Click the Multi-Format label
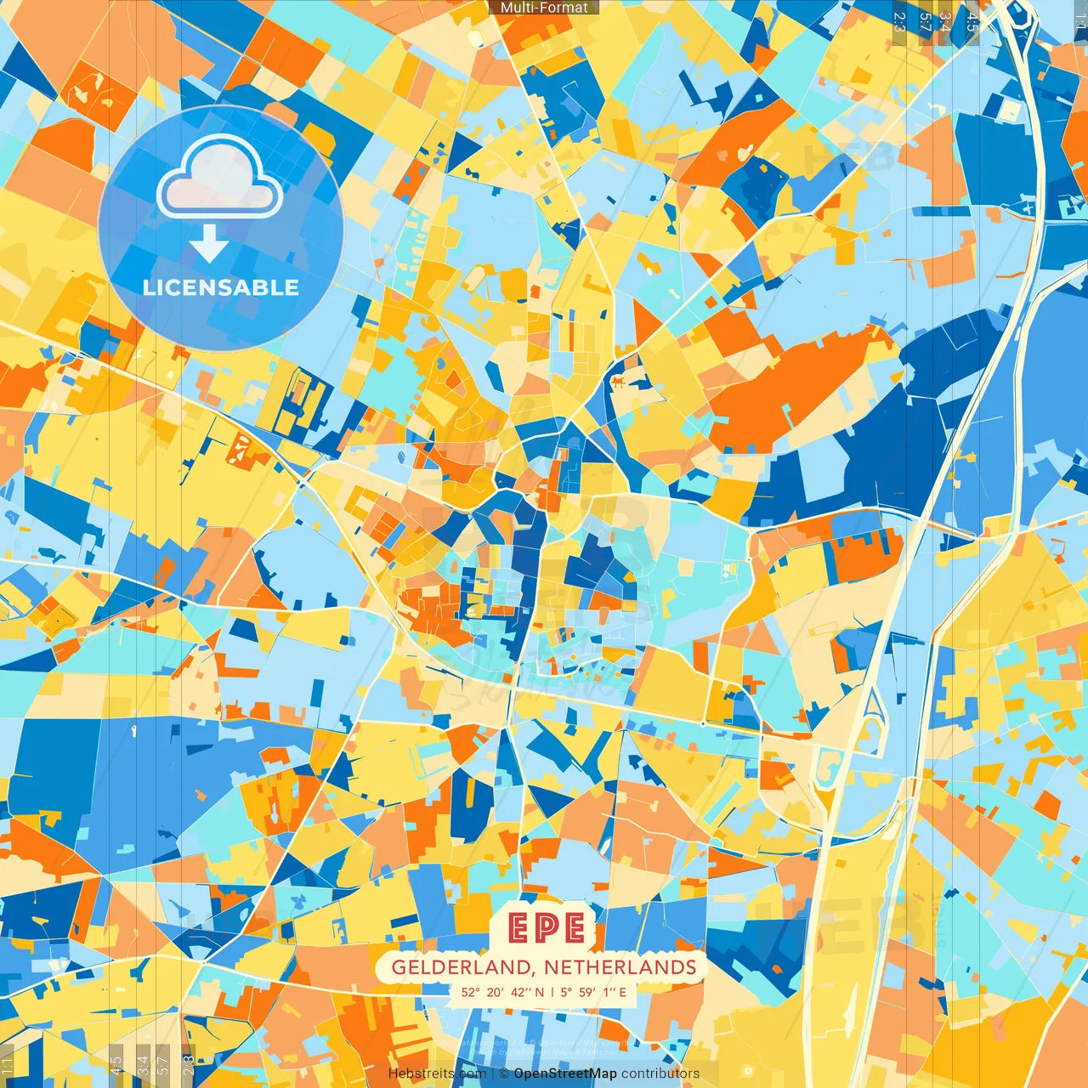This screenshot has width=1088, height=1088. coord(544,8)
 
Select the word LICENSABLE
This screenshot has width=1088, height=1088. coord(220,287)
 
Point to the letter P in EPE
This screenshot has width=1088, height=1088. coord(547,929)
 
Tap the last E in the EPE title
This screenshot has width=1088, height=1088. coord(574,929)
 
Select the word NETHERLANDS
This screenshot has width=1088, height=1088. coord(620,967)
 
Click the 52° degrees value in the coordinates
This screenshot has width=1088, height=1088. coord(471,992)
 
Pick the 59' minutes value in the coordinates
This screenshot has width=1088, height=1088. coord(586,992)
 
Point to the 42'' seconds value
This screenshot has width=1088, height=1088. coord(521,992)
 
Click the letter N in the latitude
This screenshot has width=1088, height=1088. coord(540,992)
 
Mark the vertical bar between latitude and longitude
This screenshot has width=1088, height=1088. coord(552,992)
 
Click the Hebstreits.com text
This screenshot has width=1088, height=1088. coord(437,1074)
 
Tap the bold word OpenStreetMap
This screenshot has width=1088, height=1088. coord(565,1074)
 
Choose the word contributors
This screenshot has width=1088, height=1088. coord(660,1074)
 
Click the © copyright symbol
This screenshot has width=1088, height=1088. coord(503,1074)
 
